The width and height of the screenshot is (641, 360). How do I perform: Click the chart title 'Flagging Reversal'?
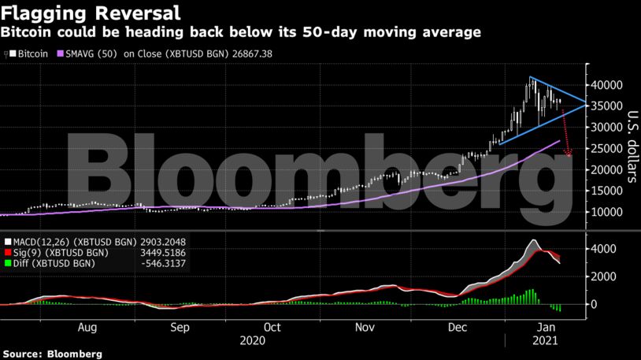coord(91,13)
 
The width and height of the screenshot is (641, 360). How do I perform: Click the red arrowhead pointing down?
coord(569,154)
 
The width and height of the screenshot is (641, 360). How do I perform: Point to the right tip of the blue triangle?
coord(585,103)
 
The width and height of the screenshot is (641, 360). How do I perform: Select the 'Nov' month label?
coord(363,327)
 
